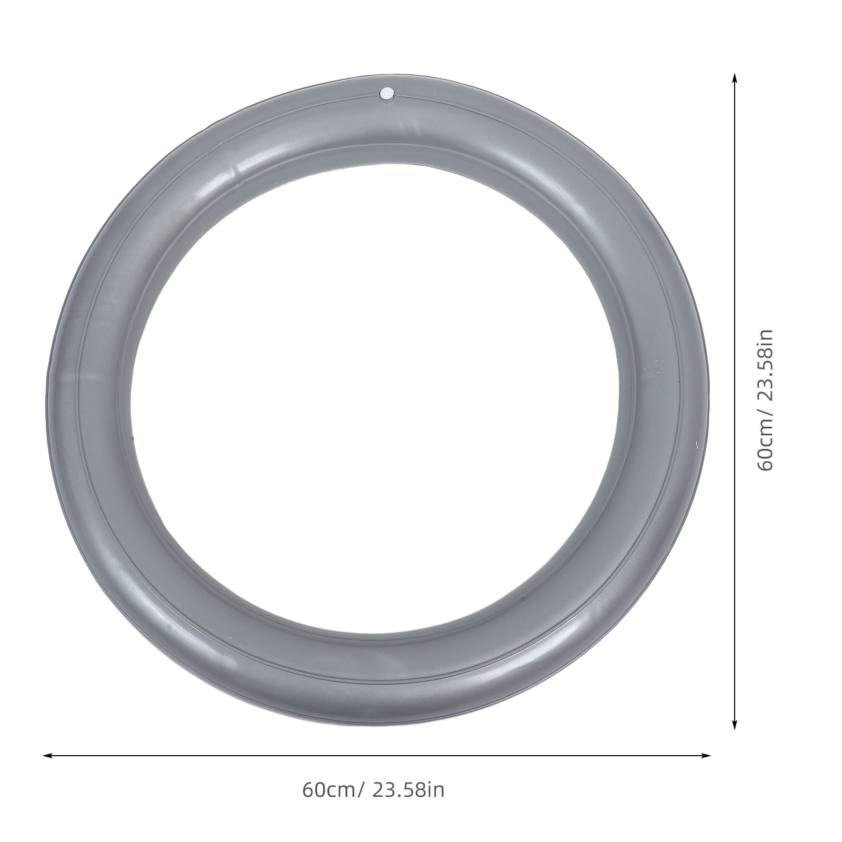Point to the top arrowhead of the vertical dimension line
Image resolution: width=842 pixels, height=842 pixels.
point(735,79)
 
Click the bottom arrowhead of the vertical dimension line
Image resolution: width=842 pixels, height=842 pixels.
point(735,724)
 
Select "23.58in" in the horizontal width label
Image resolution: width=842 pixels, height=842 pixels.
point(408,790)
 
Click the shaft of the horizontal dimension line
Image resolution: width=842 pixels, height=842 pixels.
point(377,756)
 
